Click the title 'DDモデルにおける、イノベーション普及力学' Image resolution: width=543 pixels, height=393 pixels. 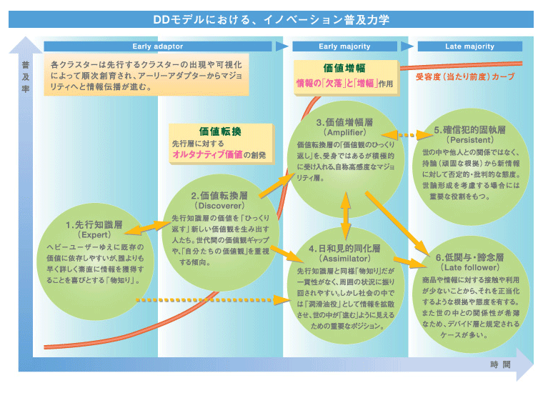pyautogui.click(x=271, y=19)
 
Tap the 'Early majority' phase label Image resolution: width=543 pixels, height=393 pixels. pyautogui.click(x=344, y=46)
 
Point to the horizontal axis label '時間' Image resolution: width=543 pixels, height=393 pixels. pyautogui.click(x=500, y=365)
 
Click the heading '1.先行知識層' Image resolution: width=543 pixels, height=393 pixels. pyautogui.click(x=94, y=224)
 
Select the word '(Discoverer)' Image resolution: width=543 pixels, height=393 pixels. pyautogui.click(x=219, y=205)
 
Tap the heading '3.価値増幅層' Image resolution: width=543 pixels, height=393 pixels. pyautogui.click(x=345, y=122)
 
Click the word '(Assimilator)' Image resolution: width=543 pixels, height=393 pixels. pyautogui.click(x=344, y=259)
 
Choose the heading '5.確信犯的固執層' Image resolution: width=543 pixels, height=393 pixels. pyautogui.click(x=469, y=131)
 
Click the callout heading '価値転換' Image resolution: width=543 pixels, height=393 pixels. pyautogui.click(x=220, y=131)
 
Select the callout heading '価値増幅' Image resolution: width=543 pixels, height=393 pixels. pyautogui.click(x=345, y=69)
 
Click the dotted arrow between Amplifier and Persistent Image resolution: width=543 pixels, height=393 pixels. pyautogui.click(x=399, y=134)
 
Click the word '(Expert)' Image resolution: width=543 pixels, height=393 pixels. pyautogui.click(x=94, y=235)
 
